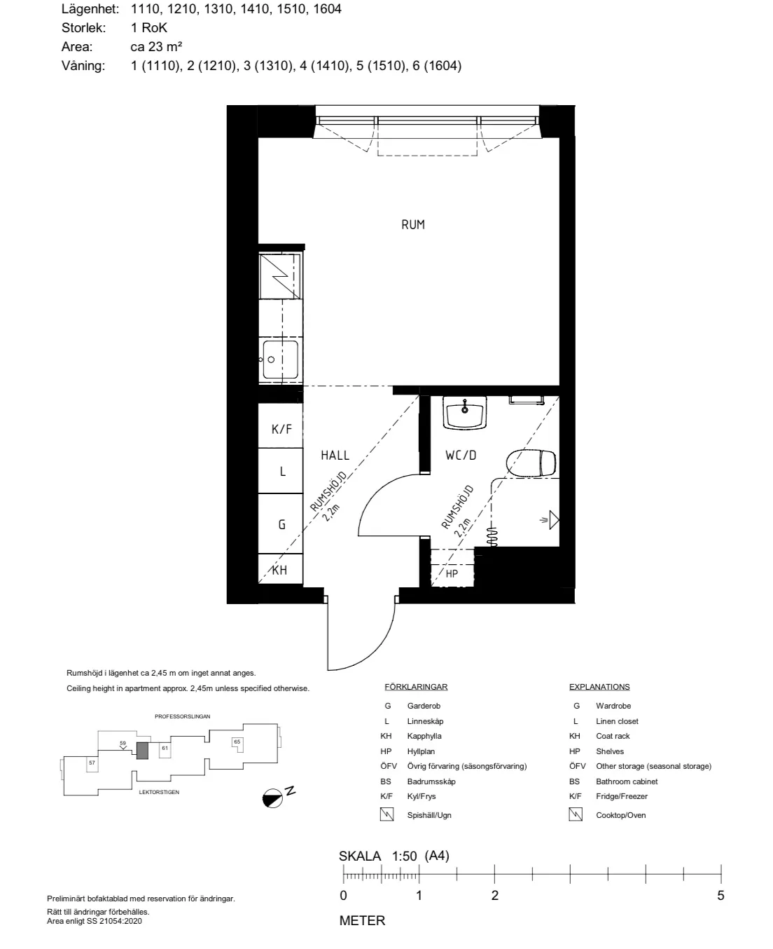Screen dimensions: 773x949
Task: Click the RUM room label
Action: tap(412, 224)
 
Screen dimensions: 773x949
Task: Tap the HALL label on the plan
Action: tap(335, 456)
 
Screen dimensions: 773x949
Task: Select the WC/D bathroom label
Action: tap(461, 456)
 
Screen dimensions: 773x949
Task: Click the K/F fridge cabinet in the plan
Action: tap(281, 425)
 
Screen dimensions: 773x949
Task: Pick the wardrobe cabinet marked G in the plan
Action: tap(281, 524)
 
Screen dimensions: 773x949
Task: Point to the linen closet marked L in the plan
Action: tap(281, 471)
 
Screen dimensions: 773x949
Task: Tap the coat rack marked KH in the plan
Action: tap(281, 569)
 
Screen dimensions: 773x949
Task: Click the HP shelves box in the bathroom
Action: tap(452, 568)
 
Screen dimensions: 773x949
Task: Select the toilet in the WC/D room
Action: tap(531, 463)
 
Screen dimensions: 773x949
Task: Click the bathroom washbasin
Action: tap(465, 413)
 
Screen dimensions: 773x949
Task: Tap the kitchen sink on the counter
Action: tap(280, 360)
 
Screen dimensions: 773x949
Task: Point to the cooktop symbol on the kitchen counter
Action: tap(279, 276)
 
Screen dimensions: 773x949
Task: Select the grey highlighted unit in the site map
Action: tap(142, 751)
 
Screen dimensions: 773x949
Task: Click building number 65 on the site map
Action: tap(237, 742)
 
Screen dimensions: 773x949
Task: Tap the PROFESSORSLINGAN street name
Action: tap(183, 716)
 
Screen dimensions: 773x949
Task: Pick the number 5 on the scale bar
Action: tap(720, 896)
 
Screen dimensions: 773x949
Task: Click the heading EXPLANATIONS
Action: tap(599, 687)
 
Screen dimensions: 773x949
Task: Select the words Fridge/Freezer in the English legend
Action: tap(622, 796)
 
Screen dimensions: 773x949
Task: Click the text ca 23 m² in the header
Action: tap(156, 46)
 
